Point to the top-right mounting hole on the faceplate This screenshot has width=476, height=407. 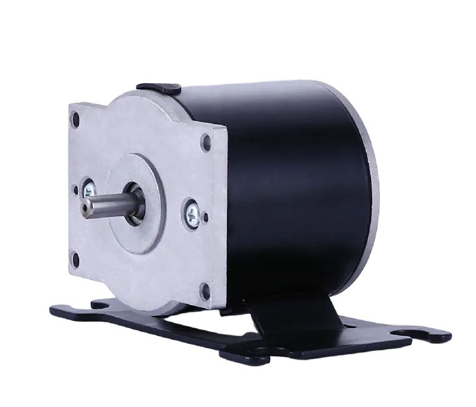point(207,139)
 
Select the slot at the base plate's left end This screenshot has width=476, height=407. point(97,304)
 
